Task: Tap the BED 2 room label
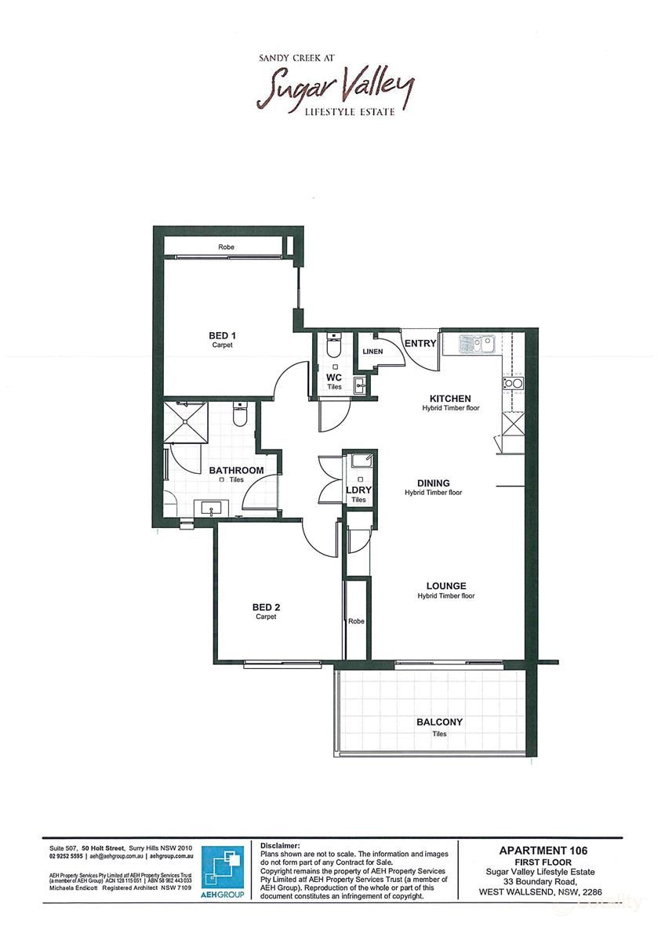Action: click(x=266, y=607)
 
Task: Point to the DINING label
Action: click(x=433, y=483)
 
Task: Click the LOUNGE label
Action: click(x=445, y=586)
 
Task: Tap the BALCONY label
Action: click(x=439, y=722)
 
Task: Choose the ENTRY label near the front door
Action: click(x=420, y=343)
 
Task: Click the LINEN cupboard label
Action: click(x=372, y=352)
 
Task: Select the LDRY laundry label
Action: click(x=358, y=490)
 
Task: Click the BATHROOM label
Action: click(x=236, y=470)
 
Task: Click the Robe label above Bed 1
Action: click(x=226, y=248)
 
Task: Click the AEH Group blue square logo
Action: click(x=223, y=869)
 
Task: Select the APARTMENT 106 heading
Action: click(x=543, y=850)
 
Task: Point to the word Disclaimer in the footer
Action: click(x=280, y=846)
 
